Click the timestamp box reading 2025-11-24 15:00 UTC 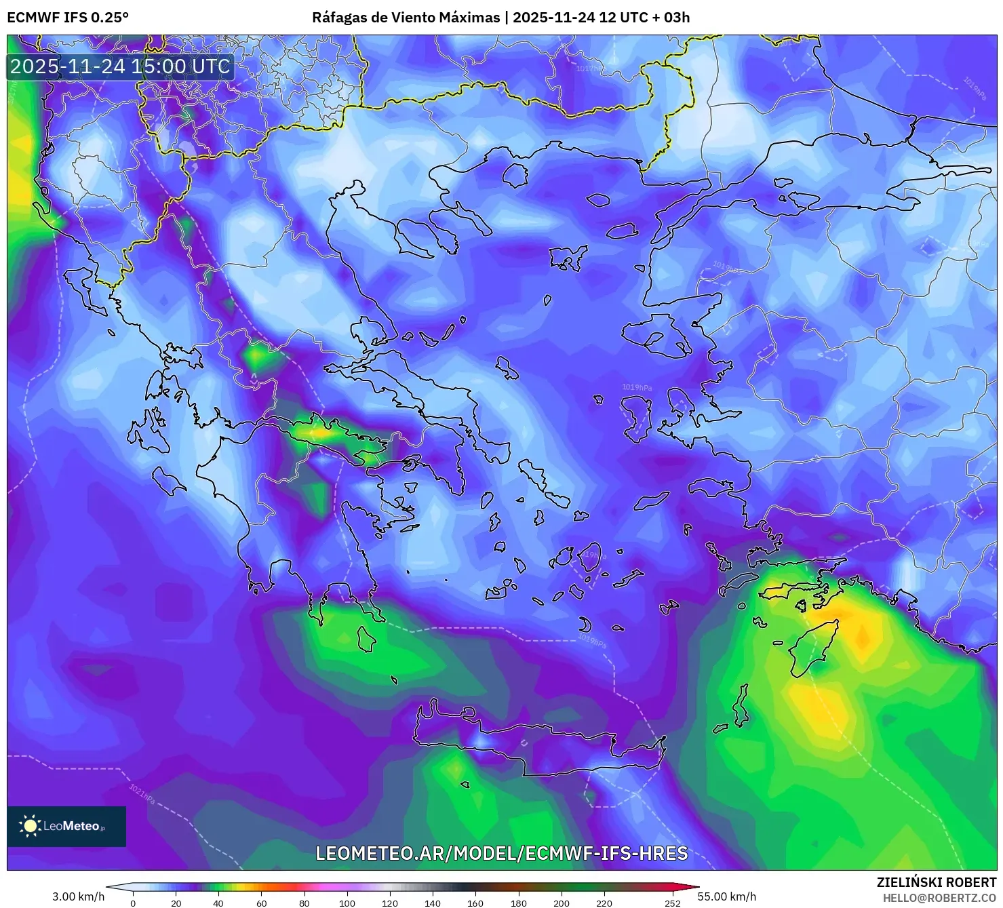point(120,66)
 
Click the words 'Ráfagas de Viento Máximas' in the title point(406,18)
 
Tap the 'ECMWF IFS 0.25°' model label point(68,18)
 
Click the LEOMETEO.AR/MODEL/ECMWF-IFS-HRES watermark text point(502,853)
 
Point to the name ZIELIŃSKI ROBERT point(937,882)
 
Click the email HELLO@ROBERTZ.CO point(939,897)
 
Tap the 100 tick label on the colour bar point(347,903)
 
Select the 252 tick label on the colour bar point(672,903)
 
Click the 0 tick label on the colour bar point(133,903)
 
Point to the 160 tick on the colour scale point(475,903)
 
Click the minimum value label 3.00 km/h point(78,896)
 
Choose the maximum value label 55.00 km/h point(726,896)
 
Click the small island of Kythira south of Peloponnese point(366,639)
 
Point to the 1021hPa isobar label point(142,795)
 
